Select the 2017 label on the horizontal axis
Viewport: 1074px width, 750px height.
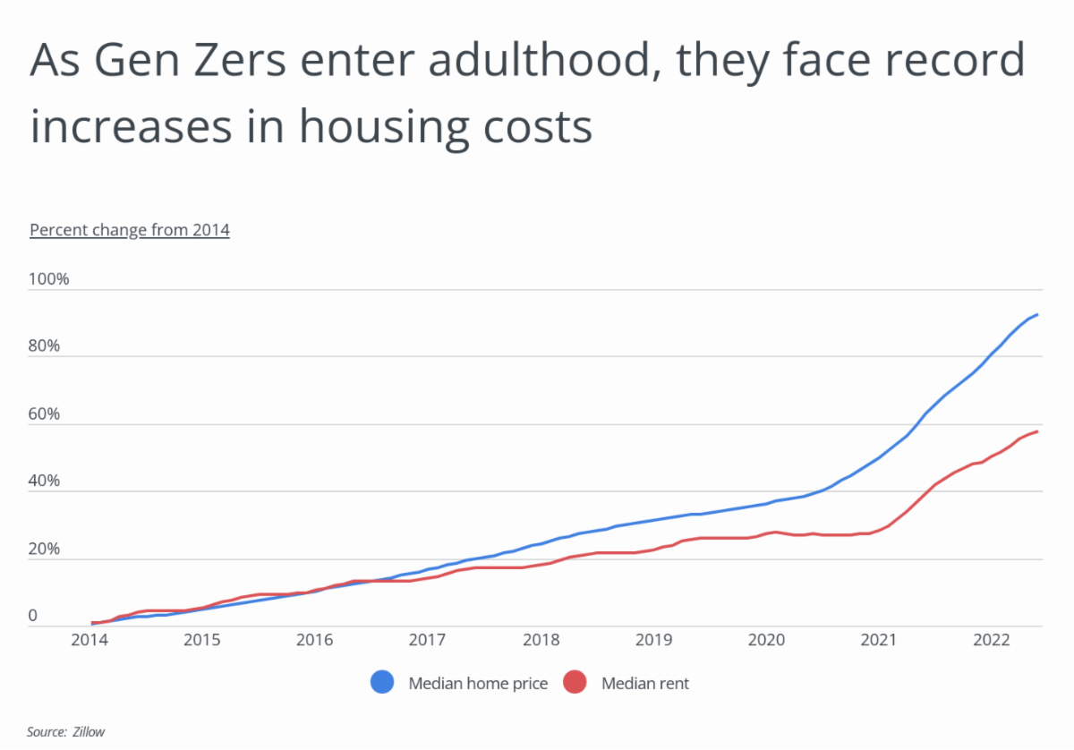point(427,641)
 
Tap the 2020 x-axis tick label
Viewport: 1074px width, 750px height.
point(766,641)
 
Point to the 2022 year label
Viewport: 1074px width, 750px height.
point(992,641)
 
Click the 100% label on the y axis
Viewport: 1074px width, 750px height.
point(49,279)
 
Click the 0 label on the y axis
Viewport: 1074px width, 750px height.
point(33,617)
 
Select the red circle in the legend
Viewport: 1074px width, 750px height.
point(575,684)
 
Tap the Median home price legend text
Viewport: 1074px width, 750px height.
point(478,684)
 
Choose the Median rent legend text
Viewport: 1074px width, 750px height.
point(645,684)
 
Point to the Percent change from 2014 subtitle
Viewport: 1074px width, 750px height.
point(130,230)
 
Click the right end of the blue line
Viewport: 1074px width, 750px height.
point(1036,314)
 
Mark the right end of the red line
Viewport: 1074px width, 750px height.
point(1036,431)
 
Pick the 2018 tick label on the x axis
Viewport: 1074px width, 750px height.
point(540,641)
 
